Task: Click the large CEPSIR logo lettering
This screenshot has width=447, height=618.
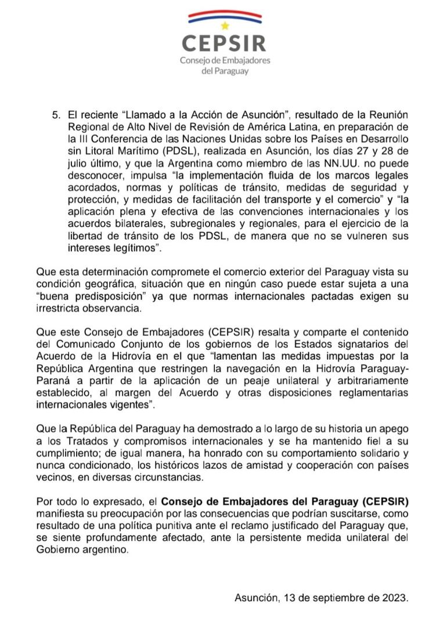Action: [224, 43]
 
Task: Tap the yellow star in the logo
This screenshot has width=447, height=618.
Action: [225, 26]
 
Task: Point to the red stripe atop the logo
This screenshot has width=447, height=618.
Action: [224, 12]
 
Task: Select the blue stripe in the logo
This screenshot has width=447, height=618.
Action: [224, 19]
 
